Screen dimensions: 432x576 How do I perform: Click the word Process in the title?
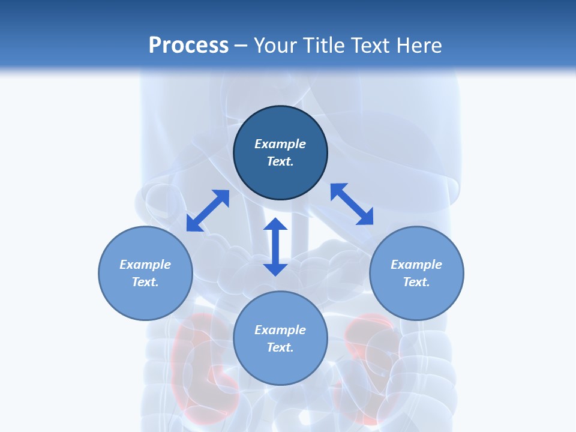click(188, 45)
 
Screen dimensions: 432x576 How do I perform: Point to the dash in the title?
click(241, 46)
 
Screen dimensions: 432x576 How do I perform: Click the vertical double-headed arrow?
click(275, 247)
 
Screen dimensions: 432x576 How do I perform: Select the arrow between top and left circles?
click(208, 211)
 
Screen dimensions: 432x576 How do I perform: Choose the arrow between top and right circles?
click(352, 204)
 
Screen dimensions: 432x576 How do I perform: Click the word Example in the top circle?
click(280, 144)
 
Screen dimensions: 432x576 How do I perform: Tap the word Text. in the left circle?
click(145, 282)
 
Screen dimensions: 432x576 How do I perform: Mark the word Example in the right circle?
click(416, 265)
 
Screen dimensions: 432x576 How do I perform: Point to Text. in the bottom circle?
click(280, 347)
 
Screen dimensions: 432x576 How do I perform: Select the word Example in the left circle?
click(145, 265)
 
